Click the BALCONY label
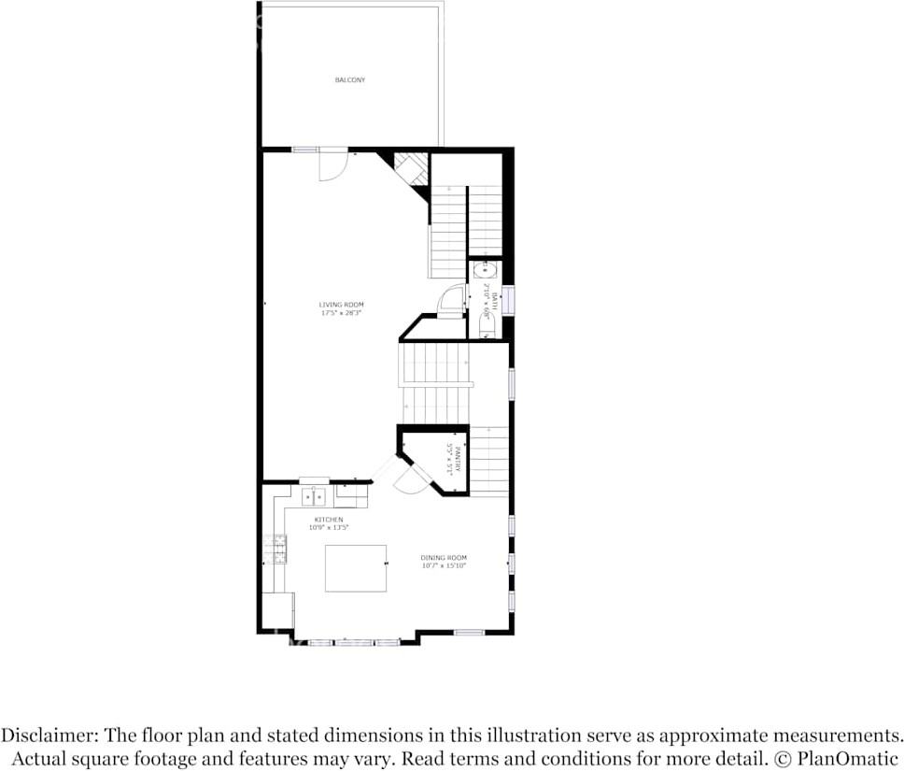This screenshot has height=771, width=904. pyautogui.click(x=350, y=80)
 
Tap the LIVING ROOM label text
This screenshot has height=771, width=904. pyautogui.click(x=341, y=305)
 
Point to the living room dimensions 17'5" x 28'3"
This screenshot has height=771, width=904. pyautogui.click(x=341, y=313)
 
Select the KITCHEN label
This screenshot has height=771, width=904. pyautogui.click(x=328, y=520)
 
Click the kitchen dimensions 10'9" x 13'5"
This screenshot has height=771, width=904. pyautogui.click(x=328, y=528)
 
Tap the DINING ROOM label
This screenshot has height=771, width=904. pyautogui.click(x=444, y=558)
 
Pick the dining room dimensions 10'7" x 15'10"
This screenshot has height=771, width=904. pyautogui.click(x=444, y=565)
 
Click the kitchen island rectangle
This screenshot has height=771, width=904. pyautogui.click(x=356, y=568)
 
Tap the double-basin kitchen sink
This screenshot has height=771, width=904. pyautogui.click(x=314, y=495)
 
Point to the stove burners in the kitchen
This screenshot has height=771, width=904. pyautogui.click(x=277, y=549)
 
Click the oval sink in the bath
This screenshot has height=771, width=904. pyautogui.click(x=484, y=271)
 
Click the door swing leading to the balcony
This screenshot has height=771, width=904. pyautogui.click(x=333, y=166)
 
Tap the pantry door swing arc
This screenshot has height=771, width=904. pyautogui.click(x=408, y=480)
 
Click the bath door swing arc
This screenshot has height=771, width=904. pyautogui.click(x=450, y=299)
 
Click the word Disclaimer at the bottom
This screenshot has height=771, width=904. pyautogui.click(x=49, y=735)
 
